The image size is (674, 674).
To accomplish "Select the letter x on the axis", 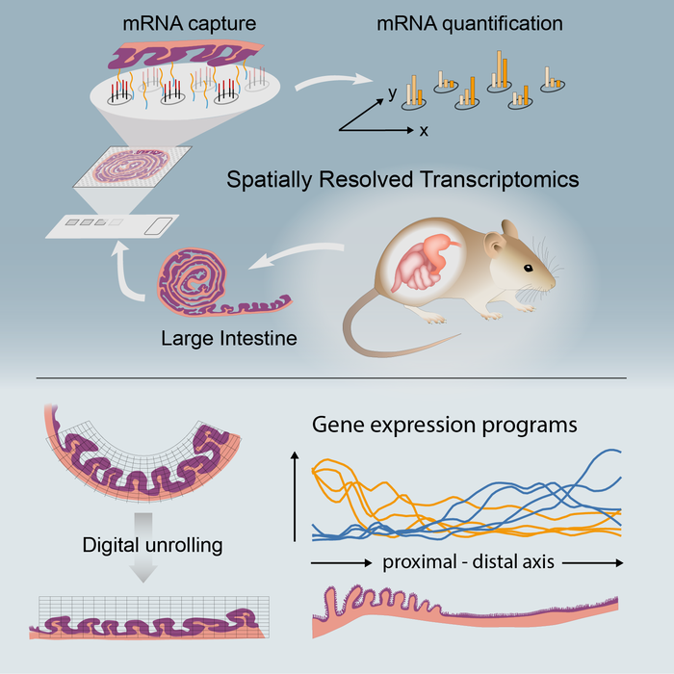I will tap(423, 130).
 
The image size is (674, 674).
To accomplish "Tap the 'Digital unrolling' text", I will tap(152, 546).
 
